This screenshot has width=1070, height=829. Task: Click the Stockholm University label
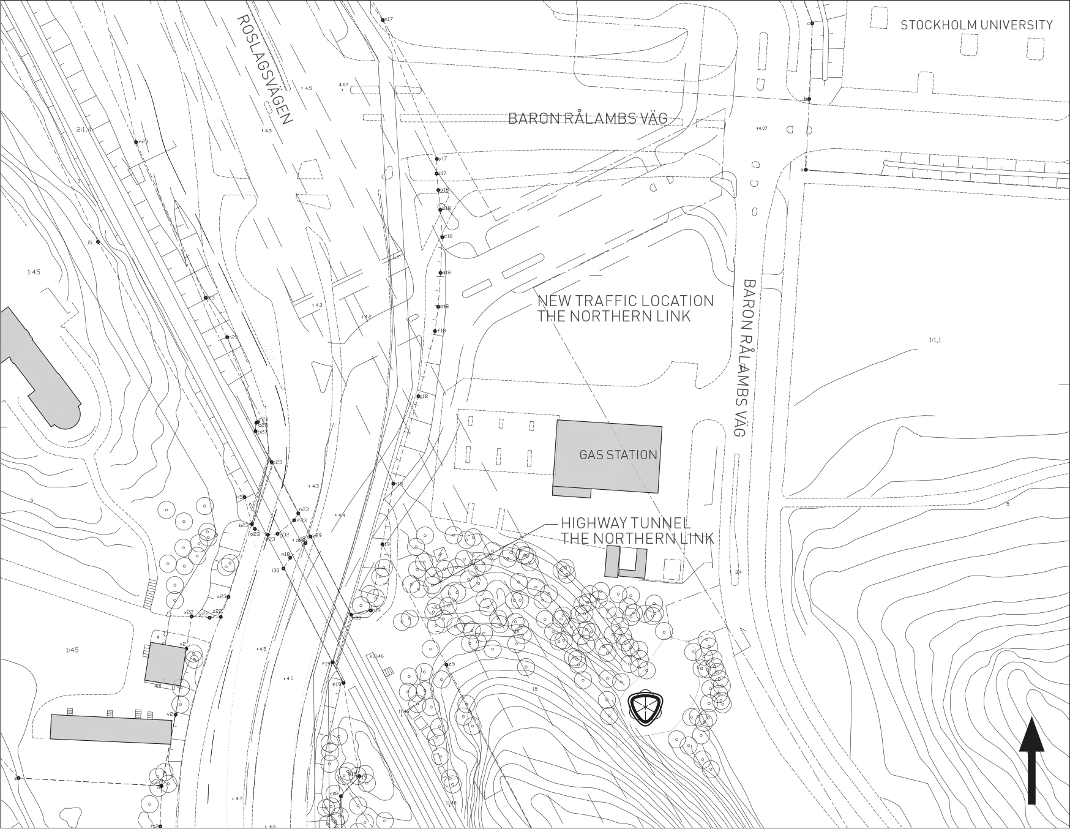click(x=976, y=25)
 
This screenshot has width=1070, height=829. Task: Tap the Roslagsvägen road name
click(x=264, y=69)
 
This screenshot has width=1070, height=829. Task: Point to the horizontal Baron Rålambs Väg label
click(x=588, y=118)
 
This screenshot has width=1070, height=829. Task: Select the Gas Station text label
click(x=618, y=455)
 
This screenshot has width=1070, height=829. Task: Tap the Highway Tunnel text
click(x=626, y=523)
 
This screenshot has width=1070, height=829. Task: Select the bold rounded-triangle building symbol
click(x=645, y=709)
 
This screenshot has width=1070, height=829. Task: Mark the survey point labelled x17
click(x=383, y=20)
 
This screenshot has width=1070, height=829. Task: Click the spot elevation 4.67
click(x=343, y=85)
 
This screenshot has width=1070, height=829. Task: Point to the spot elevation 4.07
click(x=761, y=129)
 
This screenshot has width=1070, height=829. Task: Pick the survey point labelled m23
click(x=137, y=142)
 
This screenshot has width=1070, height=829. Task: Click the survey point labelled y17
click(x=437, y=159)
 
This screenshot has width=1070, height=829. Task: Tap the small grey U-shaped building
click(x=626, y=563)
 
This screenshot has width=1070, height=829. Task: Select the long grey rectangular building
click(x=111, y=729)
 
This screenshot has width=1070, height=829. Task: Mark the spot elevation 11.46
click(x=378, y=656)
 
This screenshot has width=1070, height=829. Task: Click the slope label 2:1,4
click(x=84, y=129)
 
